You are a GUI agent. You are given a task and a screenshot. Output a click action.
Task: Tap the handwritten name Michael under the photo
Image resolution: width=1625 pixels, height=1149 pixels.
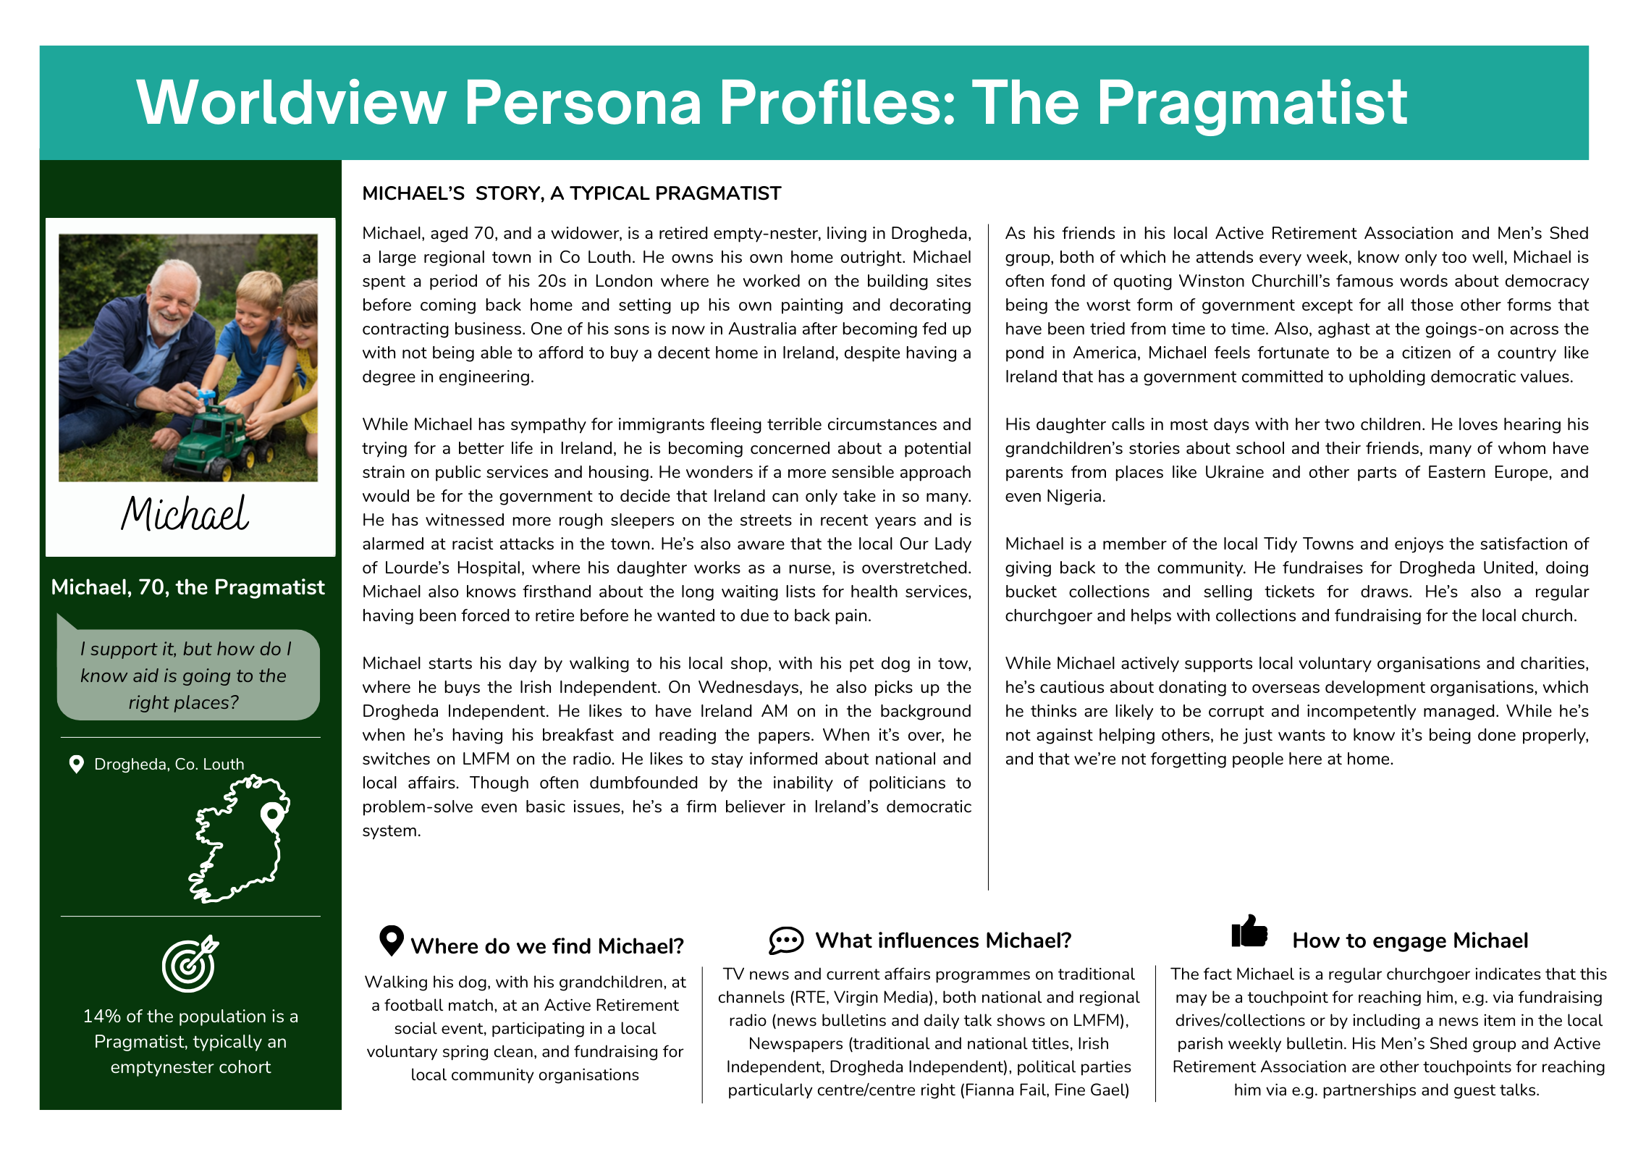click(x=185, y=514)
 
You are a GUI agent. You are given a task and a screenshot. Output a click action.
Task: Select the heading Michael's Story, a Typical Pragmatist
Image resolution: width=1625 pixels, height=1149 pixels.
click(x=571, y=193)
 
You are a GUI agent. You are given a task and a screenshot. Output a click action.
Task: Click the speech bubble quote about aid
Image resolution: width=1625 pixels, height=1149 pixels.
click(x=185, y=675)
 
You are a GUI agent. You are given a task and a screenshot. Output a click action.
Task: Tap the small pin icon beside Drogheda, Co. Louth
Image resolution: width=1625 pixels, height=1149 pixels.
click(x=76, y=765)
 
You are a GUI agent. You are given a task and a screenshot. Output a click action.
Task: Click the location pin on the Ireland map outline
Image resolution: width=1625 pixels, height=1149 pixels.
click(x=272, y=816)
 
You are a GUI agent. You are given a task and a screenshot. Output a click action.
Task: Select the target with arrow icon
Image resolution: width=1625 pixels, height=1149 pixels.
click(x=190, y=964)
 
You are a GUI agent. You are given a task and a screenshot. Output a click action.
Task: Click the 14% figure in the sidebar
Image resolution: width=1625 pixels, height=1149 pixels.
click(x=101, y=1017)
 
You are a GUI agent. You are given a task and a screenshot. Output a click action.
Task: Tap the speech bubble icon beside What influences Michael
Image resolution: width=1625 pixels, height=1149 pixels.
click(x=786, y=940)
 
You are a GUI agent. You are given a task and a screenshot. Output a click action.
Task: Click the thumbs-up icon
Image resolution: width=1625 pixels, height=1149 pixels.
click(x=1249, y=932)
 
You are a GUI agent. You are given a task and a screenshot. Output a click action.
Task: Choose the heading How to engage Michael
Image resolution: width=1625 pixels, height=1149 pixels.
click(x=1410, y=940)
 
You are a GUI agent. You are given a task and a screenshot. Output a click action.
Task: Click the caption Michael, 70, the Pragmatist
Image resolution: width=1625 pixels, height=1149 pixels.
click(x=187, y=587)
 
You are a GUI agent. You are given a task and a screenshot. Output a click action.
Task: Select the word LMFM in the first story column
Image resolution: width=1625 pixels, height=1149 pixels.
click(x=486, y=759)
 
